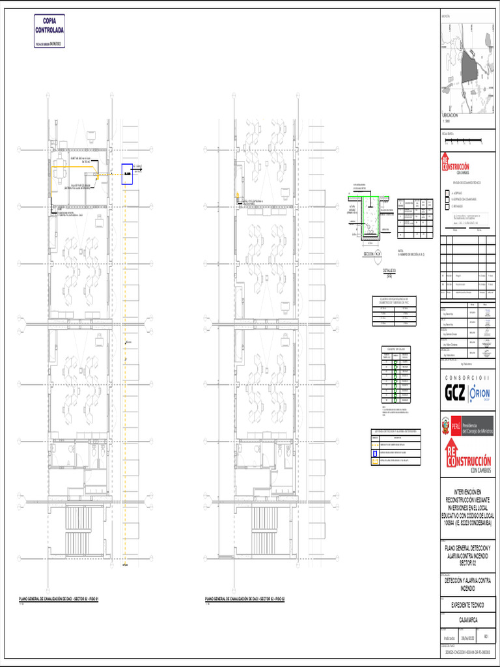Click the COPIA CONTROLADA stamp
coord(49,30)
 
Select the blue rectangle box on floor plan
coord(127,174)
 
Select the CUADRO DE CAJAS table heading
coord(396,348)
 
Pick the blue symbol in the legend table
coord(375,451)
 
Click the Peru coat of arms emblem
coord(446,426)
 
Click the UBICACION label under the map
coord(450,115)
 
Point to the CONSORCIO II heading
coord(467,379)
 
